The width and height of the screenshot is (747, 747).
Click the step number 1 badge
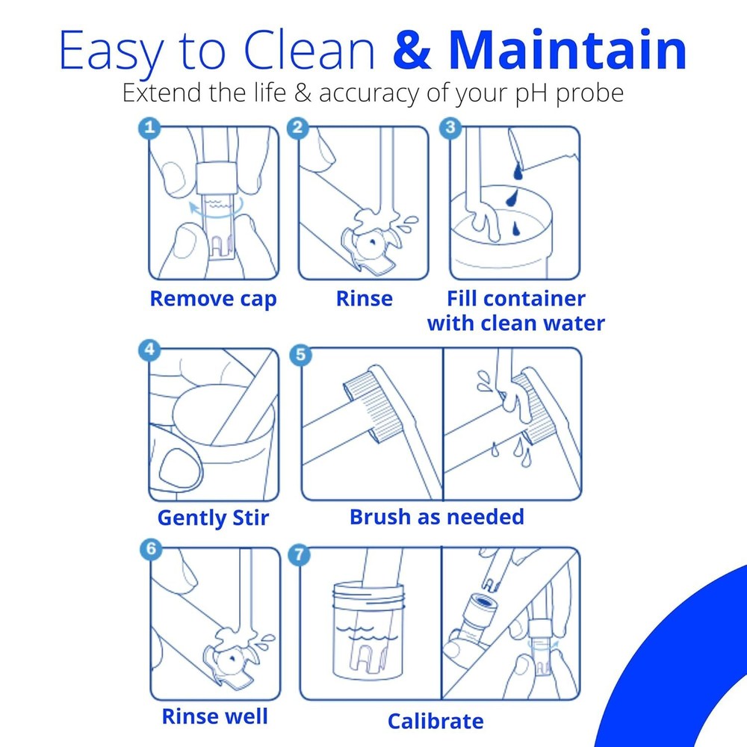[x=149, y=127]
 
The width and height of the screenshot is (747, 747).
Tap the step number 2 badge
[x=298, y=127]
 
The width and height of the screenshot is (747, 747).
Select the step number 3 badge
[x=450, y=127]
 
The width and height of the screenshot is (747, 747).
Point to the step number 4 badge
[x=149, y=350]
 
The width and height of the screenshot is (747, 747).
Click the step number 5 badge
[x=300, y=355]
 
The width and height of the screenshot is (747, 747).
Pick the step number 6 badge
[x=151, y=549]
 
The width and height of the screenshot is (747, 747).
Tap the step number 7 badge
[x=300, y=554]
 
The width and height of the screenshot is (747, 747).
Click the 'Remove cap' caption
[x=213, y=300]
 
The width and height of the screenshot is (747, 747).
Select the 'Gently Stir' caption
[x=213, y=518]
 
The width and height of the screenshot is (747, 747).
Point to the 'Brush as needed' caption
[x=437, y=517]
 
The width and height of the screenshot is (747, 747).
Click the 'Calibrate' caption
[x=436, y=722]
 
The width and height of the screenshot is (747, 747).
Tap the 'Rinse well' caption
[x=215, y=716]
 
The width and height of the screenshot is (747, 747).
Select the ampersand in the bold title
[x=412, y=51]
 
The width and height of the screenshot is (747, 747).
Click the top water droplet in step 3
[x=518, y=171]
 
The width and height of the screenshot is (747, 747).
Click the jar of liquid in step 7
[x=368, y=630]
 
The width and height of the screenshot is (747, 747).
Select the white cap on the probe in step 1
[x=217, y=178]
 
